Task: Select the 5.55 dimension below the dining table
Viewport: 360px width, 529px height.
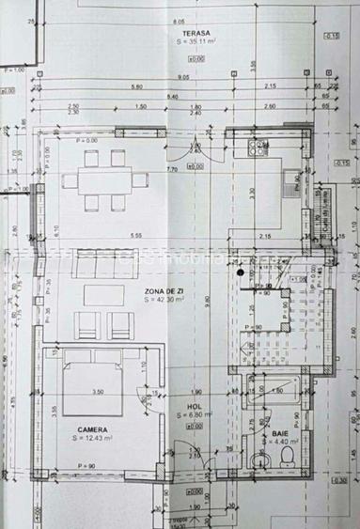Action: pos(136,235)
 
